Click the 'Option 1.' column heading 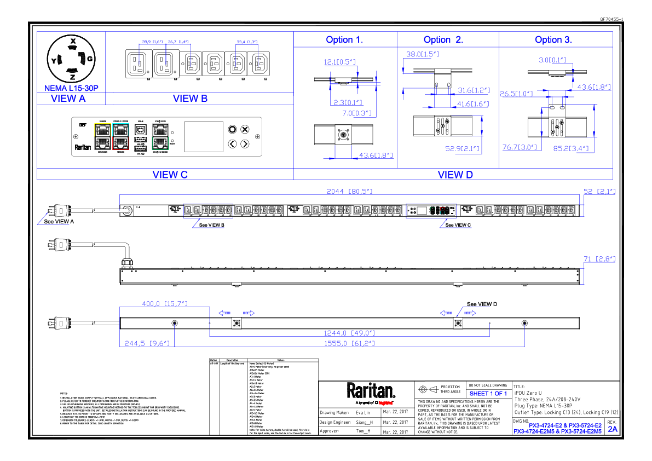click(344, 40)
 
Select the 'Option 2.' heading click(443, 40)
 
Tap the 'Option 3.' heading click(553, 40)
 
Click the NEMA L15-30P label click(71, 88)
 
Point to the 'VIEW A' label click(68, 99)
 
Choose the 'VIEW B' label click(191, 99)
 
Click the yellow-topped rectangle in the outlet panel click(103, 136)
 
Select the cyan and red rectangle click(121, 136)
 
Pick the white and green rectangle click(160, 136)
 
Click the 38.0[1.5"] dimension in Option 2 click(423, 54)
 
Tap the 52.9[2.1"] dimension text click(463, 148)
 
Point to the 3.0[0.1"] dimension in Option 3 click(552, 60)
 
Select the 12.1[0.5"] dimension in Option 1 click(339, 62)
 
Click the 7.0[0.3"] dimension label click(357, 113)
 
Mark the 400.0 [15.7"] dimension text click(165, 303)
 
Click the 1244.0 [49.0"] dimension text click(349, 333)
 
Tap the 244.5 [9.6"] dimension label click(147, 343)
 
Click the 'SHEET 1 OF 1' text click(488, 394)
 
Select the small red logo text click(385, 404)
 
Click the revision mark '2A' click(613, 429)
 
